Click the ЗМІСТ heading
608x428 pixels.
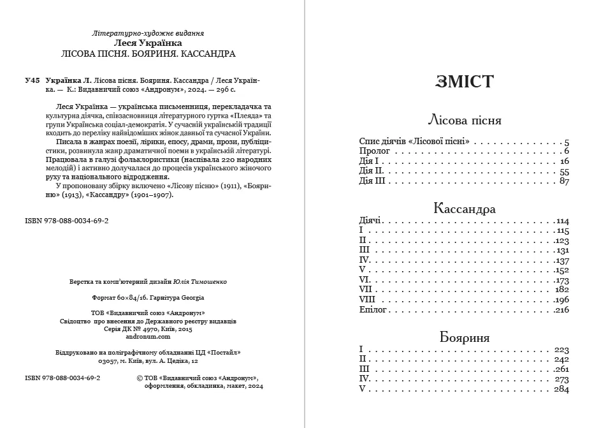(465, 81)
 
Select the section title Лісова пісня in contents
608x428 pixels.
(465, 120)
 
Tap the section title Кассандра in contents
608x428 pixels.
(465, 208)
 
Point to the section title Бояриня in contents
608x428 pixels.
(465, 337)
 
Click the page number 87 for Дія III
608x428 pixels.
(563, 182)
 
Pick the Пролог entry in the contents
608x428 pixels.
(374, 151)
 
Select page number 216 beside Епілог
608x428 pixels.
(561, 310)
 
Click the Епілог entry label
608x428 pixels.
(373, 310)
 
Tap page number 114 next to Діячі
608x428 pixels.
(561, 221)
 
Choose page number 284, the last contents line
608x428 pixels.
(561, 389)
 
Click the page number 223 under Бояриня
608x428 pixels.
(561, 350)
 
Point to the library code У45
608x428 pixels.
(32, 81)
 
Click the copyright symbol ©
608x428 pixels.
(140, 378)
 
